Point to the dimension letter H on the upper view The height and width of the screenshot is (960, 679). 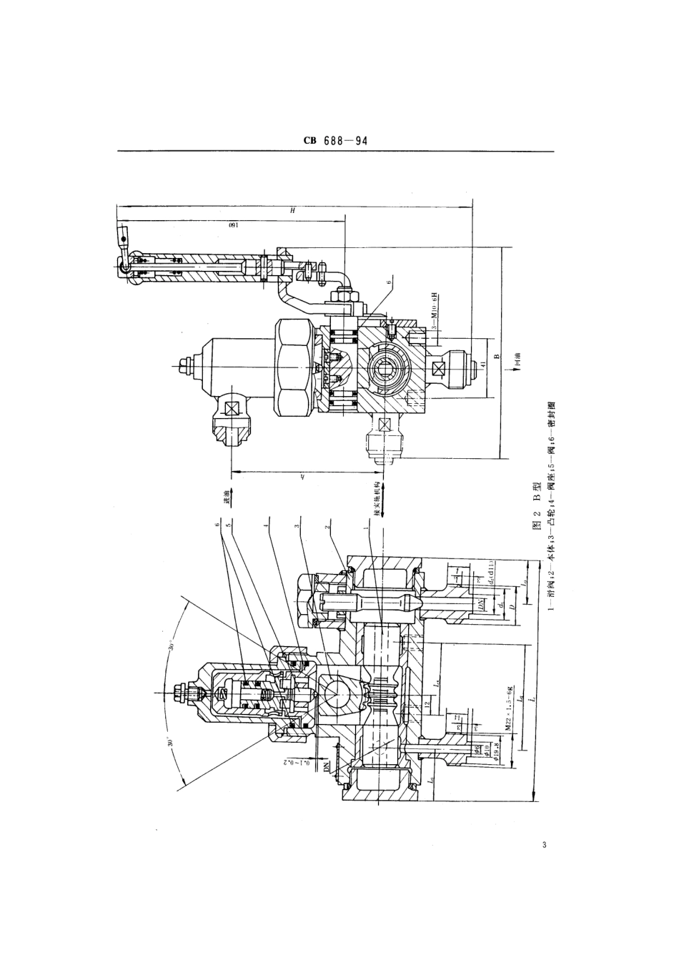(292, 210)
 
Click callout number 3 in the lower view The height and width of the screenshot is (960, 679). (297, 527)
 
